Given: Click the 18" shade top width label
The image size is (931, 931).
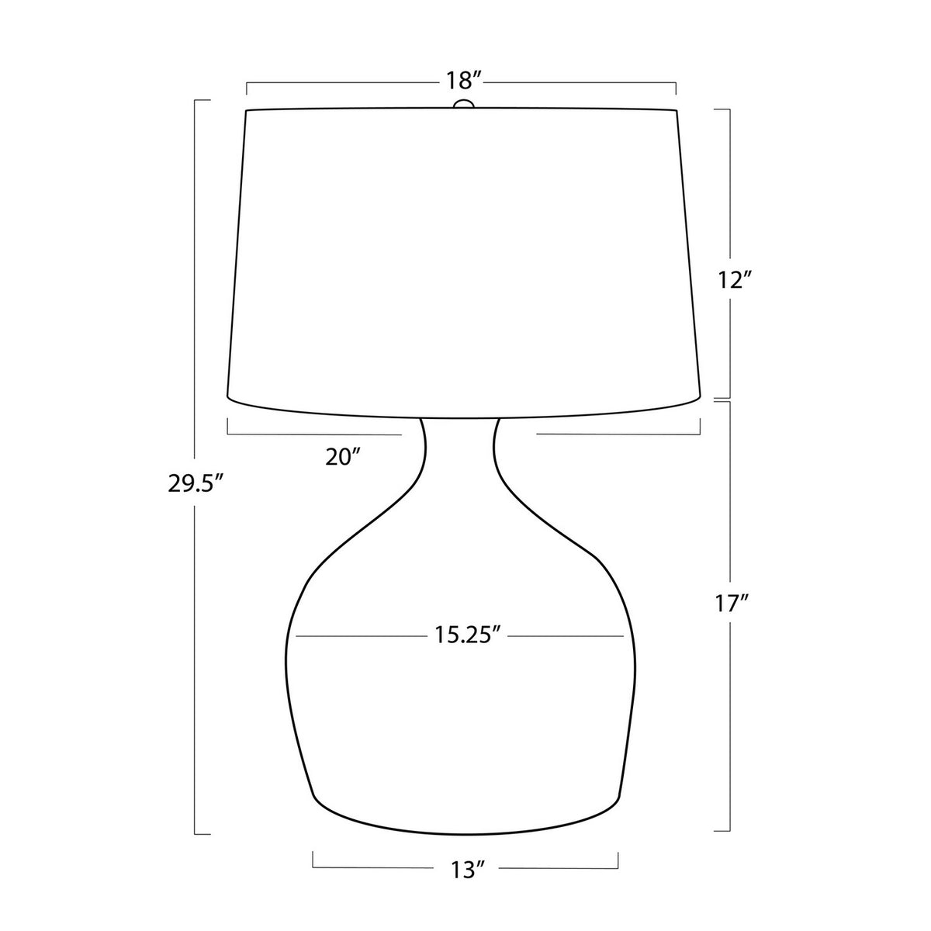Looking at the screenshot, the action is click(x=464, y=81).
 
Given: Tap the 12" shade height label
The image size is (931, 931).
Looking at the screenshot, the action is click(x=735, y=280).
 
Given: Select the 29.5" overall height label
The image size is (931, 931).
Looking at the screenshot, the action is click(x=196, y=483).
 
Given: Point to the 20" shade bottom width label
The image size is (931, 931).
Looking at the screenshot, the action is click(x=343, y=456).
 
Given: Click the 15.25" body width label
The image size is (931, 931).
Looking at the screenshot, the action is click(x=466, y=635).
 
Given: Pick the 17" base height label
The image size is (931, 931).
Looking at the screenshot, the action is click(x=732, y=604).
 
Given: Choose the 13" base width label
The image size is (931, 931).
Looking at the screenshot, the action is click(x=467, y=870).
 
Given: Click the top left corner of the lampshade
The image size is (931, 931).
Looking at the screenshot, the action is click(x=246, y=111).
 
